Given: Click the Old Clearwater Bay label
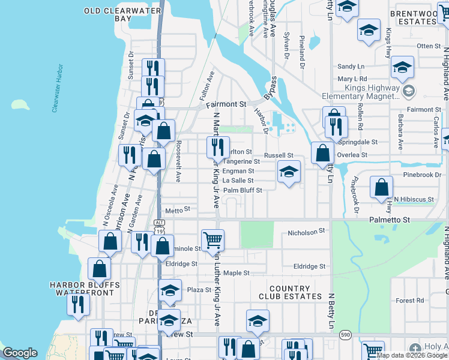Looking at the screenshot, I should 122,15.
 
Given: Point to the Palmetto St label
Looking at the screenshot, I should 389,220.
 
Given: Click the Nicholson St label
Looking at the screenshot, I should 306,231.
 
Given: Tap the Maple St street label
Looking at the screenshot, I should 236,273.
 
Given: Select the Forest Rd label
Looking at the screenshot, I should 410,301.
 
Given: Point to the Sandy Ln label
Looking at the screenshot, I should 351,67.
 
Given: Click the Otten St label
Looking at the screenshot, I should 429,46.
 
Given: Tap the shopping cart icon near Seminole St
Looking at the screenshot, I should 213,240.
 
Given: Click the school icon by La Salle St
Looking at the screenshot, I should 289,173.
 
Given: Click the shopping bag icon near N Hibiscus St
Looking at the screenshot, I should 381,187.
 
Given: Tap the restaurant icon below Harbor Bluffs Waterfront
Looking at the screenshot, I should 79,304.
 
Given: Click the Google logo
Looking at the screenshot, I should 20,353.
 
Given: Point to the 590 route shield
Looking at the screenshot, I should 345,333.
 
